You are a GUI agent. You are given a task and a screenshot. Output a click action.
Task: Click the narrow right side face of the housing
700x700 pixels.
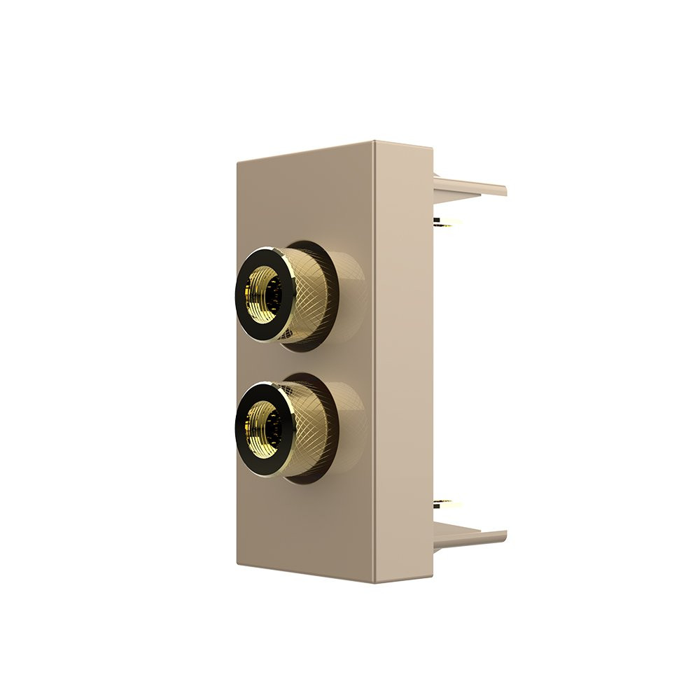[x=402, y=364]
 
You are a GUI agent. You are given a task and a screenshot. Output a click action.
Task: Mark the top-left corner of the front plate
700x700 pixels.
[x=239, y=159]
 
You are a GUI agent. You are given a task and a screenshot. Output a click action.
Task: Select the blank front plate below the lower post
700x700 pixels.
[x=308, y=525]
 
